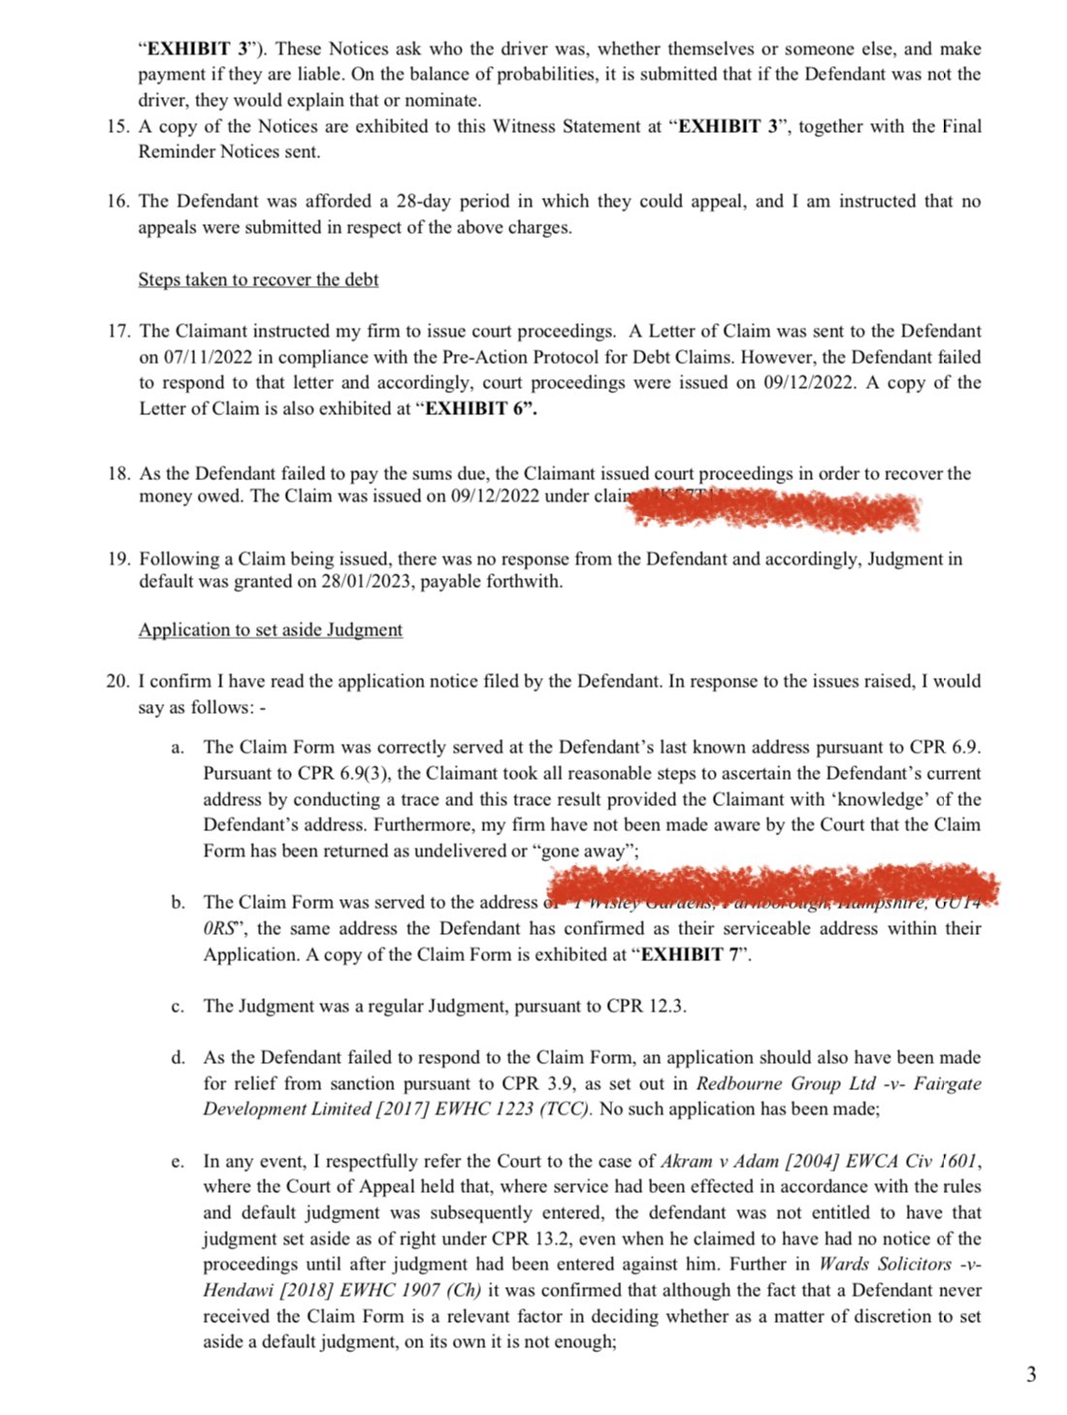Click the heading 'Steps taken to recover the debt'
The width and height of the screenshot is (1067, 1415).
258,279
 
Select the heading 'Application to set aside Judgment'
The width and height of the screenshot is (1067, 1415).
270,629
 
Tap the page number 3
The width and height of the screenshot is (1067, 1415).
1031,1373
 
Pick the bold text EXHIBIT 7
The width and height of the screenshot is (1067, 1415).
692,954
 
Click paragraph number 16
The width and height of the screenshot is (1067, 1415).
118,202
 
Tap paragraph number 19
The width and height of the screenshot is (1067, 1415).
118,559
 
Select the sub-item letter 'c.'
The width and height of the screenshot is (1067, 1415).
178,1007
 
